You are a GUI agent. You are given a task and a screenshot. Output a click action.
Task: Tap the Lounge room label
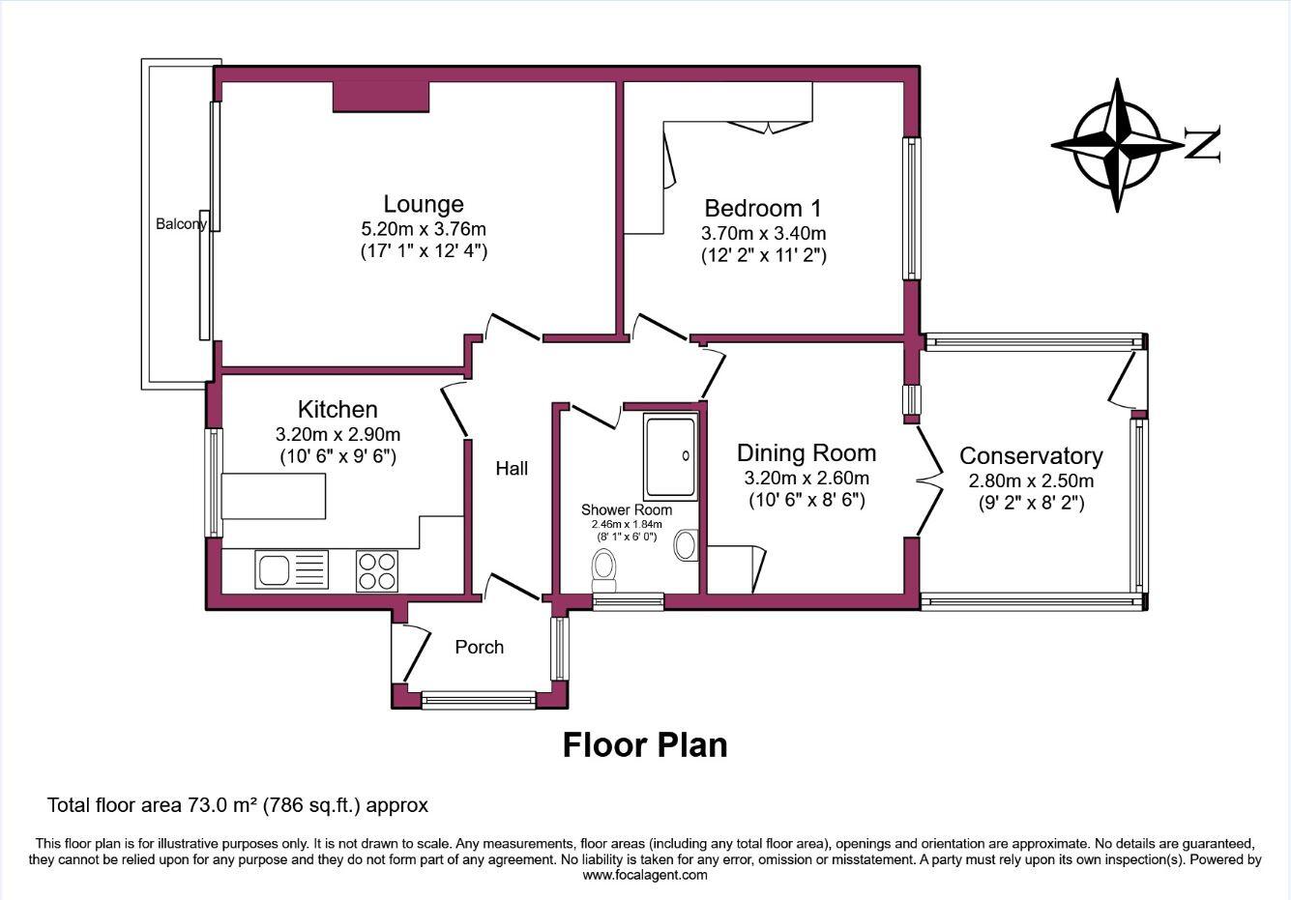pos(424,204)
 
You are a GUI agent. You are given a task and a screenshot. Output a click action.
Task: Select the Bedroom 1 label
pos(762,208)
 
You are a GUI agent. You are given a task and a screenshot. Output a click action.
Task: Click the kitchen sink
pos(274,568)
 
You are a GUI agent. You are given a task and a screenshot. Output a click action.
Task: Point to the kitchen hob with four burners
pos(377,569)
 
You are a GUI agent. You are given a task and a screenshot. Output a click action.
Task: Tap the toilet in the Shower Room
pos(605,569)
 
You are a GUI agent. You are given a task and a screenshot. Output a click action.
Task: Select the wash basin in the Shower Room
pos(686,545)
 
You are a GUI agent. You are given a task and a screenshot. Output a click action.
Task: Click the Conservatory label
pos(1031,455)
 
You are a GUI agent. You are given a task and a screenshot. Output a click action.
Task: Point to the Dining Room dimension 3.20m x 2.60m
pos(806,479)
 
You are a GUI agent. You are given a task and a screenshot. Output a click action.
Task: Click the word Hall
pos(512,469)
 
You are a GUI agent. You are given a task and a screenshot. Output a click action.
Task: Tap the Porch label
pos(480,647)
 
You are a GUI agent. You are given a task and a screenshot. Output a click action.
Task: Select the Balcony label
pos(181,224)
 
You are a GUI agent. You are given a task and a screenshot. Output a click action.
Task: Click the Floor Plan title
pos(645,745)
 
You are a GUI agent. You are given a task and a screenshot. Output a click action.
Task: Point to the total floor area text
pos(238,804)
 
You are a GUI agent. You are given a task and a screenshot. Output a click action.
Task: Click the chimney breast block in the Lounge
pos(380,97)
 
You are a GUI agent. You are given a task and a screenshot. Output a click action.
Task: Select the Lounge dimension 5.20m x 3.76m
pos(423,229)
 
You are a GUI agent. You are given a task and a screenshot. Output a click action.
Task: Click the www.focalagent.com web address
pos(644,875)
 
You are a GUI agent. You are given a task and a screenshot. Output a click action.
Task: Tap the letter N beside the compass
pos(1202,144)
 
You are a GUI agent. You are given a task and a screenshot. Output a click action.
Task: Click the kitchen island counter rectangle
pos(274,497)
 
